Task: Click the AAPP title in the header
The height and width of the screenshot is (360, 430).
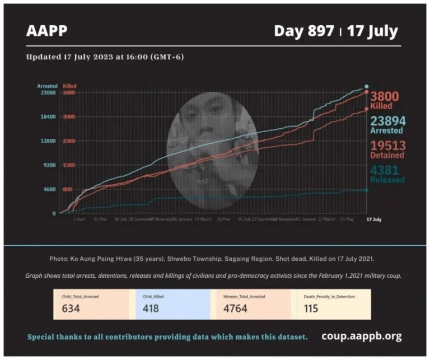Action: (46, 30)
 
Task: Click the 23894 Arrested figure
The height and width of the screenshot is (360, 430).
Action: (387, 121)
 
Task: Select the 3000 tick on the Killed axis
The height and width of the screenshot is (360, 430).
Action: (69, 117)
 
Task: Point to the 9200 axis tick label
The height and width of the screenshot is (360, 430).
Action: (49, 165)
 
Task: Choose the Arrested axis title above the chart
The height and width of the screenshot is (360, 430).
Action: (47, 86)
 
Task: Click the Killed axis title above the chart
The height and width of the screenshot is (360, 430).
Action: (69, 86)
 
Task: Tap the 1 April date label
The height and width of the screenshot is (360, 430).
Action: (80, 219)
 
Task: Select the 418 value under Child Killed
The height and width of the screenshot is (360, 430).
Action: (151, 308)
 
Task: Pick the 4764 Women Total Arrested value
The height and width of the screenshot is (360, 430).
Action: (235, 308)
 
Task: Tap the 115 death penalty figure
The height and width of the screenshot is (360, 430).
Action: (311, 308)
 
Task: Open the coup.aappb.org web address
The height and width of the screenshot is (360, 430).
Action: (361, 336)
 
